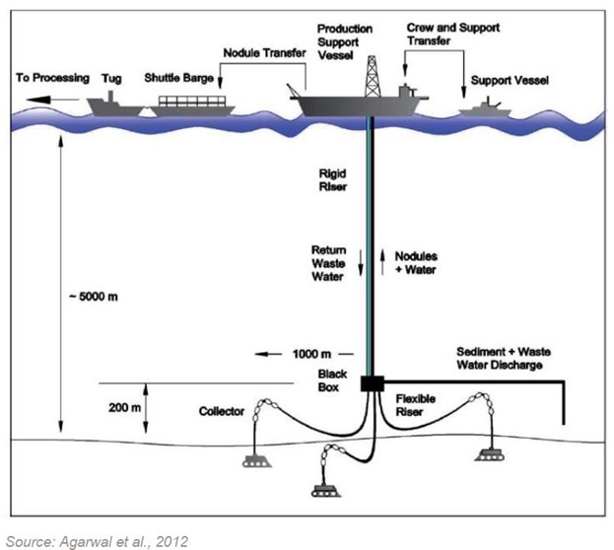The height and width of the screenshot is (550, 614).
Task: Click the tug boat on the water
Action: pos(112,103)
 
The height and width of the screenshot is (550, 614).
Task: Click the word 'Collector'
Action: pos(218,410)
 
